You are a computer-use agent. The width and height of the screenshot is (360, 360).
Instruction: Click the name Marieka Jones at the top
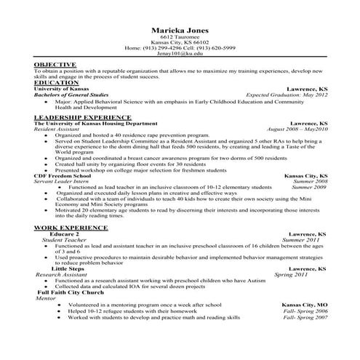pos(180,30)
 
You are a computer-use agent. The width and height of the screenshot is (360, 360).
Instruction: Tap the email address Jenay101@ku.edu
pos(180,53)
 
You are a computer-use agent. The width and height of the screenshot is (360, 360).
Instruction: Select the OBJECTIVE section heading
pos(55,65)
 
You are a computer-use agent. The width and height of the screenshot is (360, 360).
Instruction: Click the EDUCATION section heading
pos(57,82)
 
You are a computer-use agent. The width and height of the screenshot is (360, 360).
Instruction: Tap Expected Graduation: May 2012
pos(286,95)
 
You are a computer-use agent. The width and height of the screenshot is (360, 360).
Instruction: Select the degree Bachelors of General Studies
pos(74,95)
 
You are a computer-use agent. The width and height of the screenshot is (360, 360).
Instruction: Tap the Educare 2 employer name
pos(62,234)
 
